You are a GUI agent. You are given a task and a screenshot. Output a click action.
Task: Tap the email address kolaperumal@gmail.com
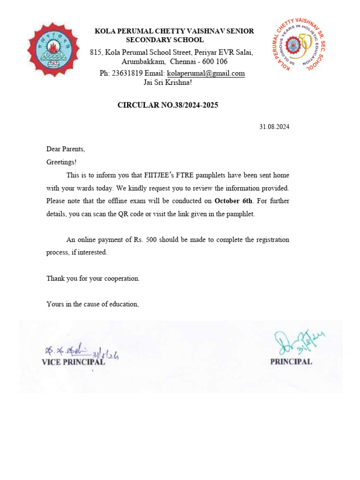(x=206, y=74)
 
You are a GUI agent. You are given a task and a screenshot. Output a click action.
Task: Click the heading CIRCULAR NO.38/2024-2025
(x=167, y=105)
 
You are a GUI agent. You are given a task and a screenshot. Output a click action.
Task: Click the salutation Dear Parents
(x=66, y=149)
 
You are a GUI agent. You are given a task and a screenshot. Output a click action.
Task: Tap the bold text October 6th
(x=233, y=201)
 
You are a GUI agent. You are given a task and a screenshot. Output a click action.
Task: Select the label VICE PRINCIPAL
(x=73, y=362)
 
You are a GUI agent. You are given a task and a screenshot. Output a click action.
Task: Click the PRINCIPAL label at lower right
(x=291, y=362)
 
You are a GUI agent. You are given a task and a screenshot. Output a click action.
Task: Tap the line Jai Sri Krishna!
(x=167, y=82)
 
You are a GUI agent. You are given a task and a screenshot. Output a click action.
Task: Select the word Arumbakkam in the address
(x=143, y=62)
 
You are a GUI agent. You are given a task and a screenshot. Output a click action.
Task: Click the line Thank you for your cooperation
(x=93, y=278)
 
